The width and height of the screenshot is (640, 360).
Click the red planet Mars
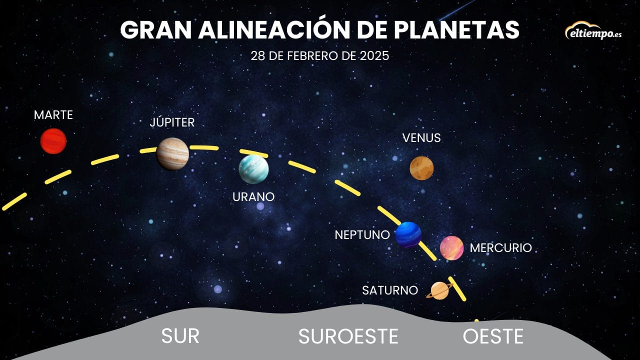tap(53, 141)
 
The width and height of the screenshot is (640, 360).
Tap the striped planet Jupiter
tap(172, 154)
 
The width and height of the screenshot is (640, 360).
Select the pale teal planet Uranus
tap(253, 169)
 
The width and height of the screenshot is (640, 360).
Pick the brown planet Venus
tap(421, 168)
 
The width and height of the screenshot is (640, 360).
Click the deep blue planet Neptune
tap(408, 234)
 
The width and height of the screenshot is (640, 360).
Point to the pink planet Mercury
tap(451, 248)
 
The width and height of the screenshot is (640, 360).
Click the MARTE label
tap(53, 115)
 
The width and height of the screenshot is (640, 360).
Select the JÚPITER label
tap(172, 122)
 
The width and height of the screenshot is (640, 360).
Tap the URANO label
tap(253, 197)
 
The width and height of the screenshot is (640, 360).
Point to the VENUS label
tap(421, 138)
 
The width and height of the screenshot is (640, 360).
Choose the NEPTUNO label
tap(362, 235)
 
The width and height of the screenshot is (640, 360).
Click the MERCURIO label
tap(501, 248)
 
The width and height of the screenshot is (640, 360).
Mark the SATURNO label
tap(390, 290)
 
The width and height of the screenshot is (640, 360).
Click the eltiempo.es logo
tap(593, 31)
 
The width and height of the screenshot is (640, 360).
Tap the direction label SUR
tap(180, 336)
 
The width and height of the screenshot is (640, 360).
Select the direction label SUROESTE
tap(348, 336)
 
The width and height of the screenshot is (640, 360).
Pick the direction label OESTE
tap(493, 336)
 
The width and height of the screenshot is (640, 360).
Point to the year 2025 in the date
tap(374, 55)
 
